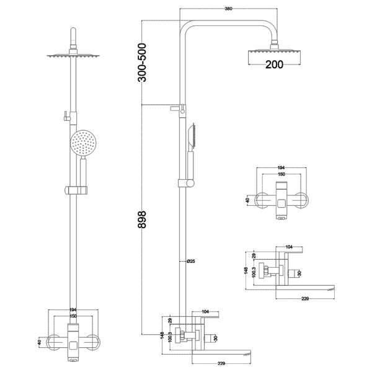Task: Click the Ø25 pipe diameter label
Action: [191, 260]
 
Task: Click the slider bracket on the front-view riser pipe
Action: [73, 189]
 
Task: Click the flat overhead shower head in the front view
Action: [73, 56]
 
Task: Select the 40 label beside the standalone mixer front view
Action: [247, 200]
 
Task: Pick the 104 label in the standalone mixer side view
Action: [288, 247]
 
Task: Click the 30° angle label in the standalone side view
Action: [301, 273]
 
